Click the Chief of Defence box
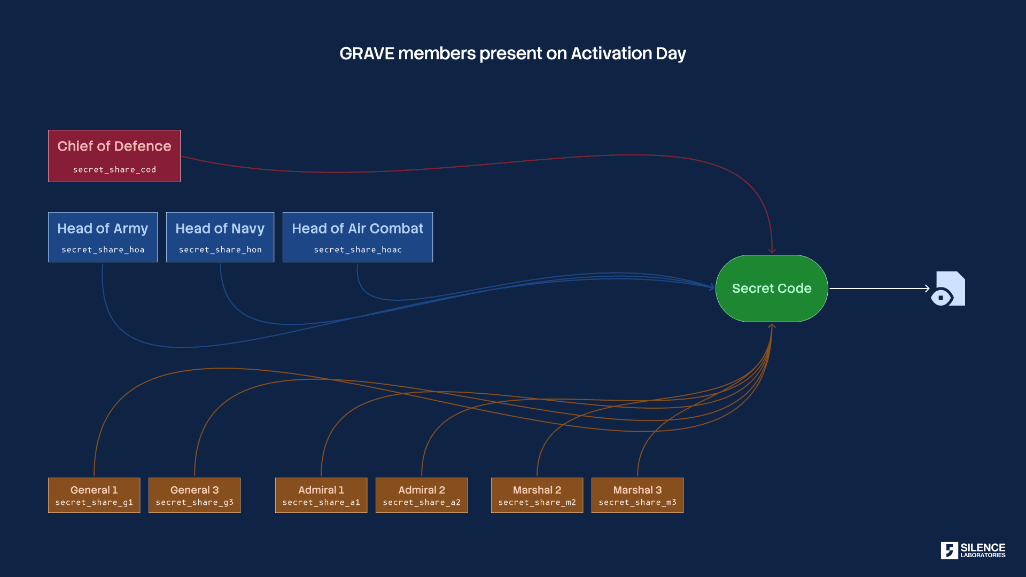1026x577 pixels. pos(114,156)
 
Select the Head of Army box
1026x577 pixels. pos(103,237)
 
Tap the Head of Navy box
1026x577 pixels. pos(220,237)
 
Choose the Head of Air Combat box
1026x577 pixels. pos(357,237)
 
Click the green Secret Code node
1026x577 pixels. pos(772,288)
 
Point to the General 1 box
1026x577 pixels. pos(94,495)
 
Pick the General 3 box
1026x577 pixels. pos(195,495)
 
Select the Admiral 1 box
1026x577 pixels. pos(321,495)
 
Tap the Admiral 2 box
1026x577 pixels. pos(422,495)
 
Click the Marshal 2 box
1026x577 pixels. pos(537,495)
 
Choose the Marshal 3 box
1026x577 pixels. pos(638,495)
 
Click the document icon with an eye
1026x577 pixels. pos(949,289)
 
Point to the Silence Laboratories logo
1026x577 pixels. pos(973,550)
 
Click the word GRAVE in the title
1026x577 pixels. pos(367,53)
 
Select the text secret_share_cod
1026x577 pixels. pos(114,170)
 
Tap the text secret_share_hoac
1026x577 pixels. pos(357,250)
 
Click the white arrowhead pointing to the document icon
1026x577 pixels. pos(927,288)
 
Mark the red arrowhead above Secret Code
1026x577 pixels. pos(772,251)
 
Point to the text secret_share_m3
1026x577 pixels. pos(638,503)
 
